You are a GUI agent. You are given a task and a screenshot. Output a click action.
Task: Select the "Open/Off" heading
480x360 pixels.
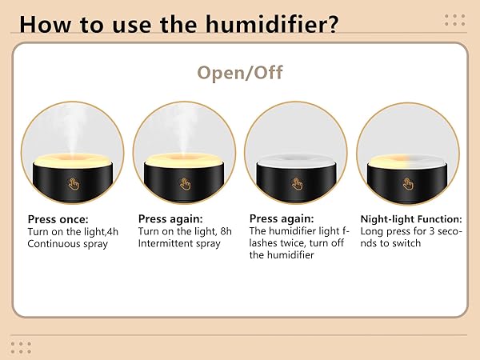[239, 74]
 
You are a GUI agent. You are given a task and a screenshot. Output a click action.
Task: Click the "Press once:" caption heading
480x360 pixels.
[58, 218]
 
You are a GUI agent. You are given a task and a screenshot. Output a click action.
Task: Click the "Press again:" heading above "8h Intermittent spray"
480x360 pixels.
[170, 218]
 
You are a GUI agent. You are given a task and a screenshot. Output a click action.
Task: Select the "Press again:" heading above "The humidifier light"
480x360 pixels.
[281, 218]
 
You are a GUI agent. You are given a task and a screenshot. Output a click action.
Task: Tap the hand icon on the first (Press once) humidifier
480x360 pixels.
[74, 183]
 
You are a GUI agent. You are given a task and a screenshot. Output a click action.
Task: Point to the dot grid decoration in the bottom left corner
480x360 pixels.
[22, 346]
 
